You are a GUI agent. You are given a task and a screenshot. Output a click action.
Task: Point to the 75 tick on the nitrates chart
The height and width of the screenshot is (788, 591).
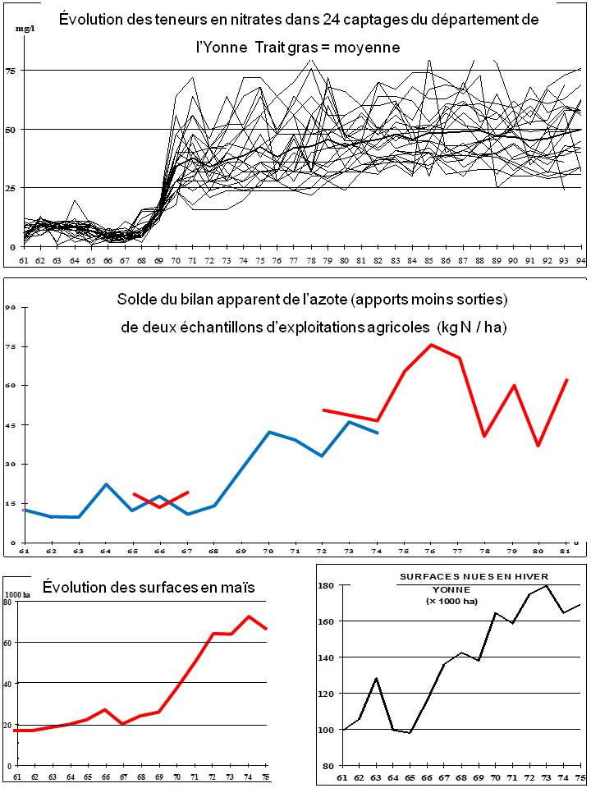coord(11,71)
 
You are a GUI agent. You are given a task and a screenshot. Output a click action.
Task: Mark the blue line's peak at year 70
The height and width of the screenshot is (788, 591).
coord(270,432)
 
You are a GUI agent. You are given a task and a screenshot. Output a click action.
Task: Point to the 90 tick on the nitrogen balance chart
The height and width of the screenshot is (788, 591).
coord(11,307)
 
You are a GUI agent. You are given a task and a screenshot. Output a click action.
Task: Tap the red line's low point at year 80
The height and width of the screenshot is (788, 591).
coord(539,446)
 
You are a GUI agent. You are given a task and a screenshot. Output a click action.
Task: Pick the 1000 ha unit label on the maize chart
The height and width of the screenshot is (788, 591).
coord(17,594)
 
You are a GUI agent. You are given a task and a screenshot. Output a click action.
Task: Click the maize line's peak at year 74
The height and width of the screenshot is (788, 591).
coord(249,616)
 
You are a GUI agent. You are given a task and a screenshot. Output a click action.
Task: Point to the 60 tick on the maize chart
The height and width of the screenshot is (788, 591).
coord(7,643)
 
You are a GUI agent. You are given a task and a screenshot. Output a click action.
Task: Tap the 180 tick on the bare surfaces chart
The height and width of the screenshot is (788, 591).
coord(325,585)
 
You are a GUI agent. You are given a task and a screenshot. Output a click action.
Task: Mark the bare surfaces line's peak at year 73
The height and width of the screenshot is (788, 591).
coord(546,585)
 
